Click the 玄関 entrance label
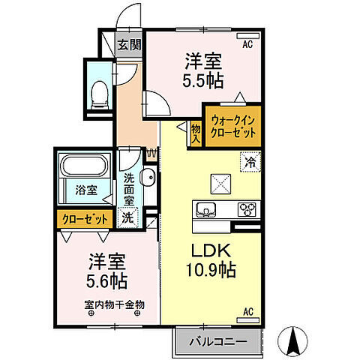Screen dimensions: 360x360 [129, 44]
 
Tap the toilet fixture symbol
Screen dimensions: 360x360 [98, 91]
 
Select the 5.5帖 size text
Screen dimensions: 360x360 [204, 76]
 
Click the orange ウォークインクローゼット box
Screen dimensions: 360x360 [234, 124]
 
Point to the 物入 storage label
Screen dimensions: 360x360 [196, 133]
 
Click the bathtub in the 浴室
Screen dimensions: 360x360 [84, 166]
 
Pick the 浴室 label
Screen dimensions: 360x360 [86, 190]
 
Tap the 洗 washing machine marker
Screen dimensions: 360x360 [128, 218]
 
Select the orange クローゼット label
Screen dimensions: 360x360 [84, 218]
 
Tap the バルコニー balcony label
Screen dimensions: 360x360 [218, 343]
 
